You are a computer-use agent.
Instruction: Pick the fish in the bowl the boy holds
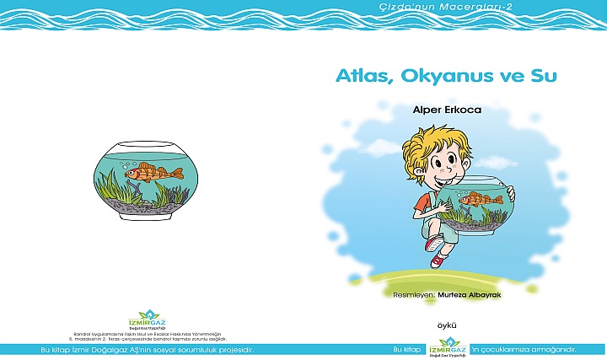477,200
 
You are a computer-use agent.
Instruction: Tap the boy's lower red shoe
437,261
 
